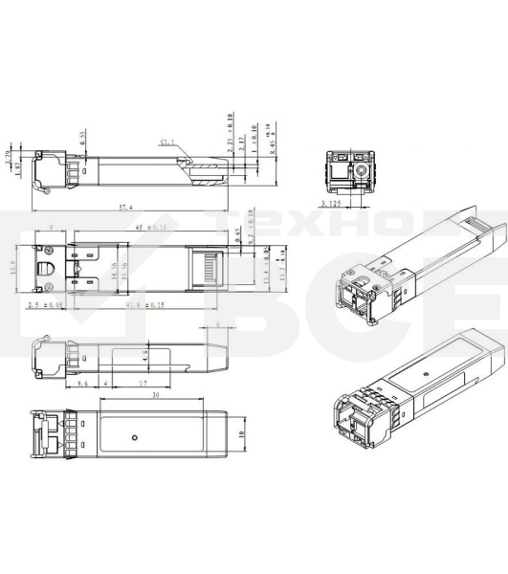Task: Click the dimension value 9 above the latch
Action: tap(50, 228)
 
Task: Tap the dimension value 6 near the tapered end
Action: tap(218, 326)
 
